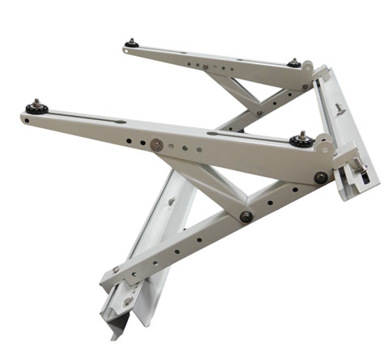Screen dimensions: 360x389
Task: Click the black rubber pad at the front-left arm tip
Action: pos(36,108)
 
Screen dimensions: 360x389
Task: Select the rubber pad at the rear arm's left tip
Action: pos(130,44)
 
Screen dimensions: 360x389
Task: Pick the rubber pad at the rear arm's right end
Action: pos(293,63)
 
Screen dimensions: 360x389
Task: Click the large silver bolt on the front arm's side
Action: pos(156,144)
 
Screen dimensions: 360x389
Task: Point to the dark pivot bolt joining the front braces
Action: pos(245,216)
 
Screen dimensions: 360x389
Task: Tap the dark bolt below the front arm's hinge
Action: pos(321,177)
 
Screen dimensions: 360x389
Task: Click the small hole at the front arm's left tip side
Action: pos(26,120)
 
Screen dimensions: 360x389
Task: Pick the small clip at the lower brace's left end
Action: pos(116,269)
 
